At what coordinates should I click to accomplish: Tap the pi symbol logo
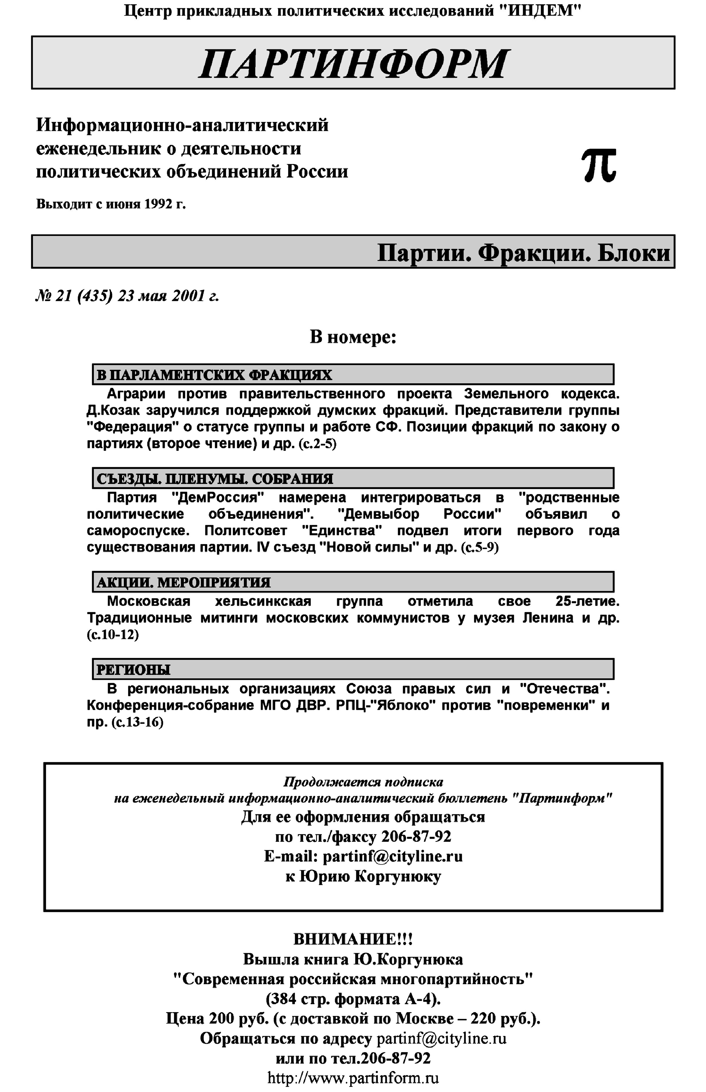pos(599,166)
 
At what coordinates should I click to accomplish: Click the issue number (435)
pos(95,297)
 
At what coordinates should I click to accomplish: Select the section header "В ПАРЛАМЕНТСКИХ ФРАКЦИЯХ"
pos(214,375)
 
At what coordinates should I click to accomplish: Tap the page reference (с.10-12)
pos(113,635)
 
